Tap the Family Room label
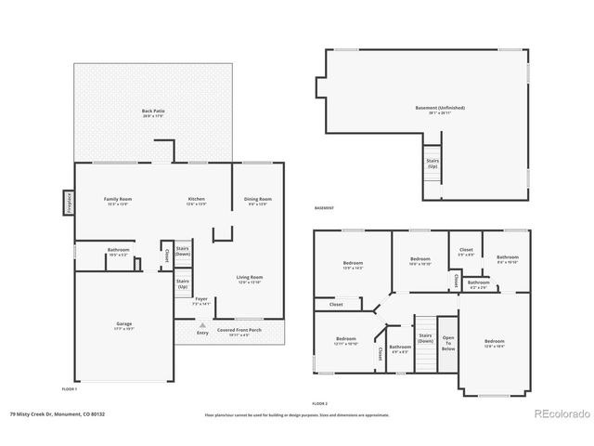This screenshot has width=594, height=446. pos(117,200)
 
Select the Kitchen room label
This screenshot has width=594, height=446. pos(196,200)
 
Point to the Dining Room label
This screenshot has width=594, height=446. pos(257,200)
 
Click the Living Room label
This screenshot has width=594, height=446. pos(250,278)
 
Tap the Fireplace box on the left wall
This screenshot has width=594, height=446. pos(68,202)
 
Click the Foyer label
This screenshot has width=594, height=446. pos(200,301)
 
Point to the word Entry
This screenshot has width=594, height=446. pos(202,333)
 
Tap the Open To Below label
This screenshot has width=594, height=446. pos(448,343)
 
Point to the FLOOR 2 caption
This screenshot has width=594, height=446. pos(320,404)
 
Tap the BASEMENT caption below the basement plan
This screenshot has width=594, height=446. pos(324,208)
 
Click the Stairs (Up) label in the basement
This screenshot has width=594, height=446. pos(433,164)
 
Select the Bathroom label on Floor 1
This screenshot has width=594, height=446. pos(118,251)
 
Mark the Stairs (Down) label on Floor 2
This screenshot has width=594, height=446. pos(425,338)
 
